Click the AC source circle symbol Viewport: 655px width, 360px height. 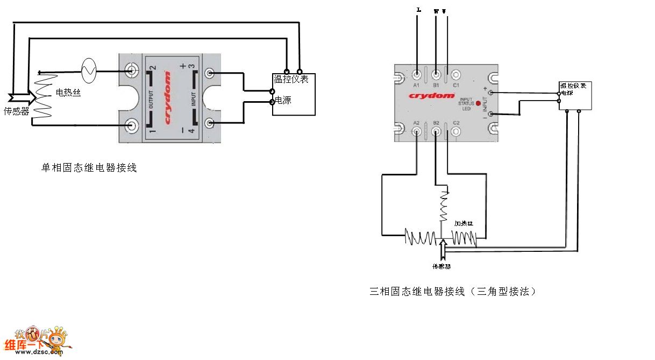click(x=88, y=70)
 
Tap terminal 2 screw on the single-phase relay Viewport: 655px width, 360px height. click(x=131, y=70)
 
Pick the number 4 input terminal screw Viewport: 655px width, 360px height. click(x=210, y=123)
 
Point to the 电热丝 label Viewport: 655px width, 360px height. click(x=68, y=93)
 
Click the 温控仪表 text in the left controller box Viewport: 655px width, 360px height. click(x=291, y=80)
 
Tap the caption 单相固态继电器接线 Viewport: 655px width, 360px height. click(x=89, y=168)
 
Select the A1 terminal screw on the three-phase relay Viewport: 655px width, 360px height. click(x=417, y=74)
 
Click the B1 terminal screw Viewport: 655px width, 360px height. click(x=436, y=74)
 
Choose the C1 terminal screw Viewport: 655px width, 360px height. click(x=456, y=74)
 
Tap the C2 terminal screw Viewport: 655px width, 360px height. click(x=456, y=132)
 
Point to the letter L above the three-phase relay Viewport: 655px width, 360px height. click(x=418, y=10)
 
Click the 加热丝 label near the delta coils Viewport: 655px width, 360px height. click(x=464, y=223)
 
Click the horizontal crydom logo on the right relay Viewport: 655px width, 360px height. click(x=431, y=95)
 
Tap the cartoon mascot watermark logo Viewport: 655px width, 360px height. click(x=54, y=341)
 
